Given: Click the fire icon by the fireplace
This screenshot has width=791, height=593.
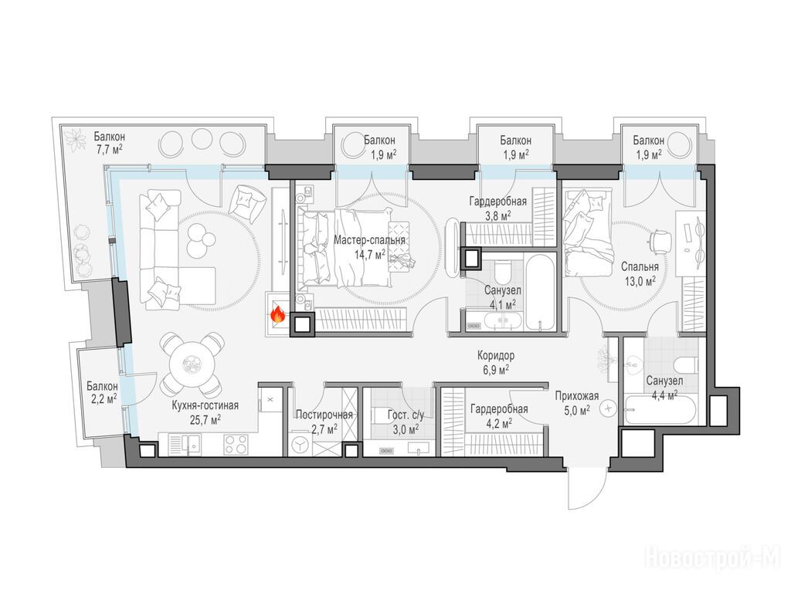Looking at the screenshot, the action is point(278,315).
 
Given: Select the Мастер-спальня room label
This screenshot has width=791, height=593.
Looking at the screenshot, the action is point(370,241).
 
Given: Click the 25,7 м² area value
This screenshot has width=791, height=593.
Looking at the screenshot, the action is point(205,419).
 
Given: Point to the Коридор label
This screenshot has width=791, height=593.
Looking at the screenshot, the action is point(497,356).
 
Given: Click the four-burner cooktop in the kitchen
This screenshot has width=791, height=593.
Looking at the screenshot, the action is point(236,445).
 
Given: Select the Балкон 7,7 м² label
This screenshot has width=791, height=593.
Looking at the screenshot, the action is point(109,142).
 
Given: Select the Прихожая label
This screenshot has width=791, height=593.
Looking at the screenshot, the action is point(576,396).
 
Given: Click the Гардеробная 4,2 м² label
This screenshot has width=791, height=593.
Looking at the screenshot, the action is point(499,415).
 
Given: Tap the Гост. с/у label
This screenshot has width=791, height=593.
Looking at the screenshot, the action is point(406,415).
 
